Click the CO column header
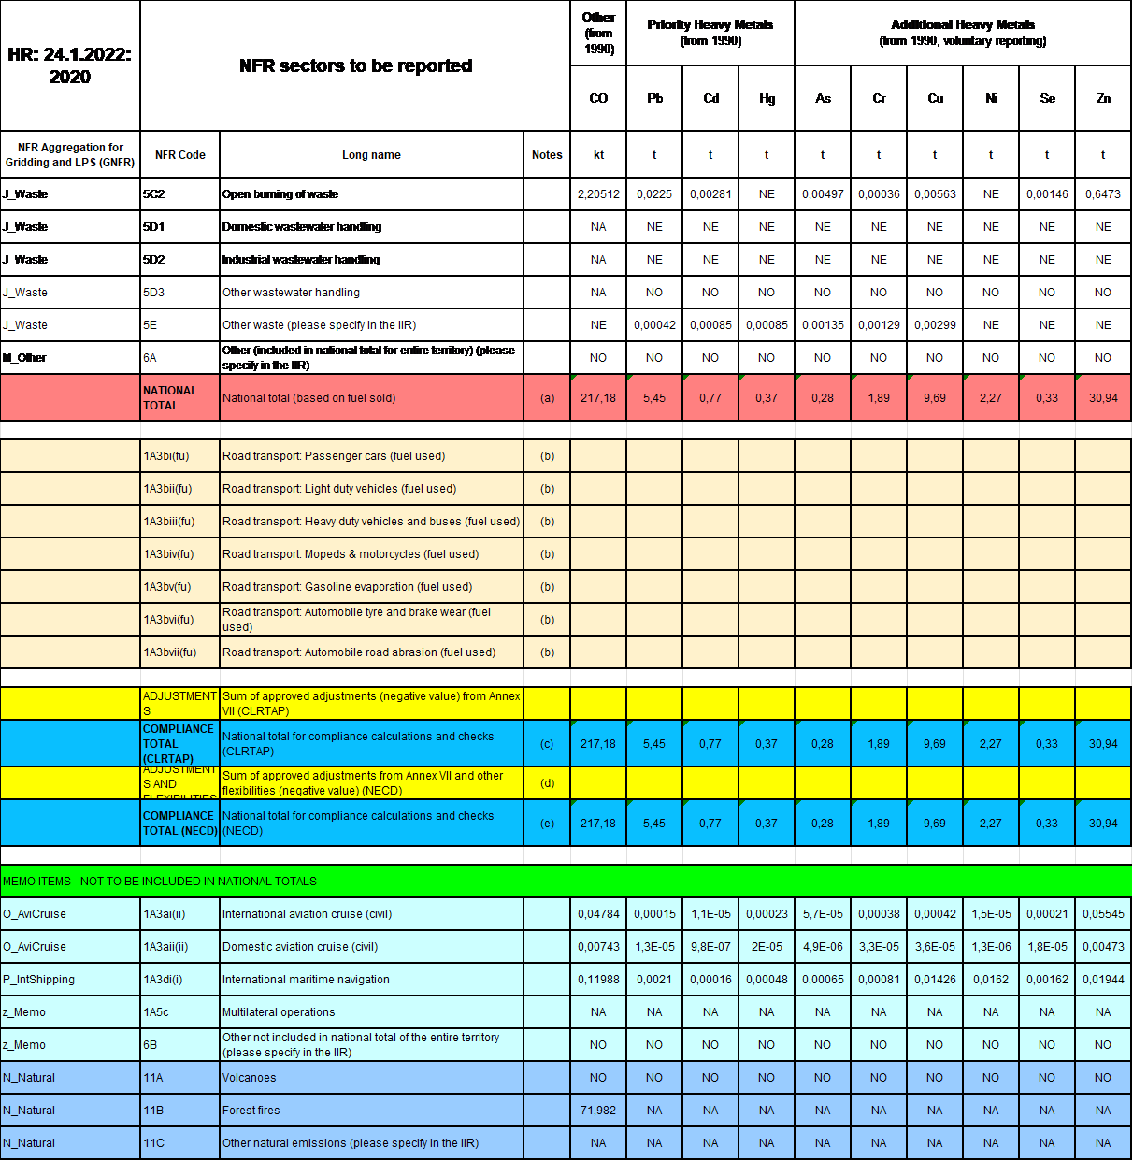click(598, 98)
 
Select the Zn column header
click(1103, 98)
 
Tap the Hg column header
click(767, 98)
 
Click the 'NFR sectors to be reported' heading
click(355, 65)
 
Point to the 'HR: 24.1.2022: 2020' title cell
click(70, 65)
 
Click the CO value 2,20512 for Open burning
click(598, 194)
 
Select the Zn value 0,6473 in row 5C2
click(1103, 194)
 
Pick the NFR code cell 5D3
click(154, 293)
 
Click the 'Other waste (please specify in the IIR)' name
click(319, 325)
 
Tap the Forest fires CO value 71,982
click(598, 1111)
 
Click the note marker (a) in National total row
click(547, 398)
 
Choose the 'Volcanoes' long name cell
click(250, 1078)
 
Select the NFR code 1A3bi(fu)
click(166, 456)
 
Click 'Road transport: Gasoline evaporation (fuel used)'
click(347, 587)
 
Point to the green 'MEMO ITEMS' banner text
click(160, 881)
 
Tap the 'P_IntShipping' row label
click(39, 980)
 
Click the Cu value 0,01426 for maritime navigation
click(935, 980)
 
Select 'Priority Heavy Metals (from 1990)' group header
click(710, 33)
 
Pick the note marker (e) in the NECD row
click(547, 824)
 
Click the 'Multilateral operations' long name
click(279, 1012)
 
